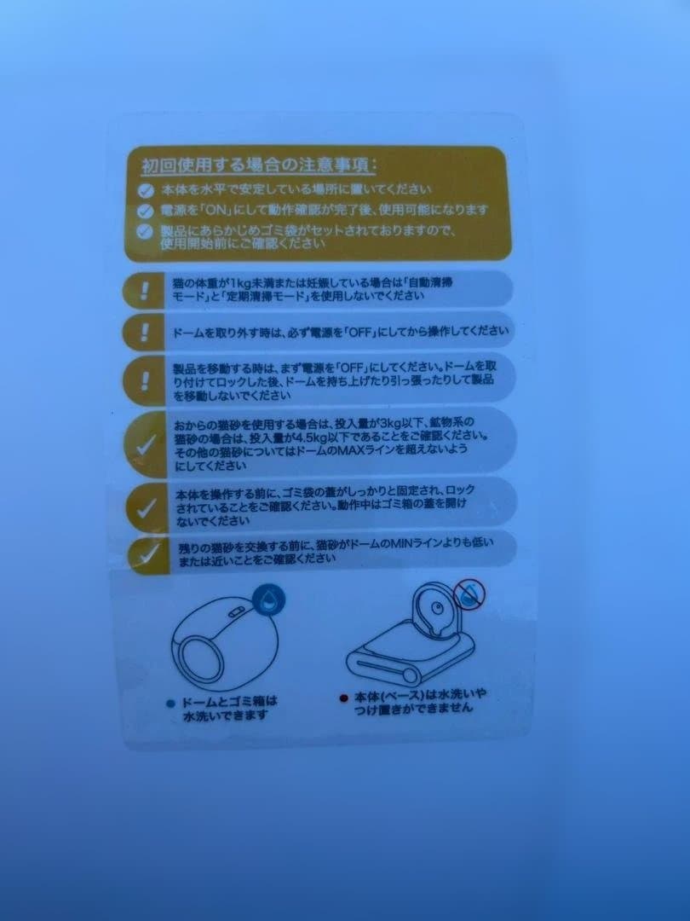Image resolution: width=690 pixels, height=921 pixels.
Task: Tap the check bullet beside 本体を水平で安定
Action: click(147, 189)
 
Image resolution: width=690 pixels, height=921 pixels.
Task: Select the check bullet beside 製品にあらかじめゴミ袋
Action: click(147, 231)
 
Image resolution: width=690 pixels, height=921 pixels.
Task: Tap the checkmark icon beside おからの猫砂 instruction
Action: click(147, 443)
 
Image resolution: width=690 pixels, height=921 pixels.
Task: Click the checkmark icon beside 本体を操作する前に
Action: click(147, 507)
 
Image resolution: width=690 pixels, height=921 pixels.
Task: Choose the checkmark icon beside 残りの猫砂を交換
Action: click(147, 553)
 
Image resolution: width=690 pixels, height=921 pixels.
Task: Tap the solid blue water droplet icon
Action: click(270, 600)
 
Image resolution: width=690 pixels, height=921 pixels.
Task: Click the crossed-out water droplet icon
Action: click(467, 592)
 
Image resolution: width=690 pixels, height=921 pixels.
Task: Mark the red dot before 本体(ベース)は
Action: click(344, 697)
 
